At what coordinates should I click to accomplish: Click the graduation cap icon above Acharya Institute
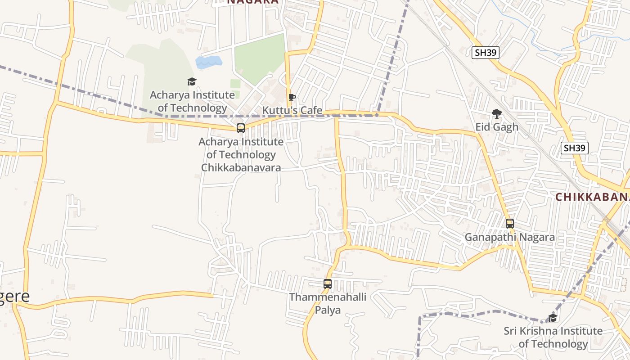[192, 81]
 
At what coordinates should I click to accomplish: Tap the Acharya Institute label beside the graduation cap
[192, 102]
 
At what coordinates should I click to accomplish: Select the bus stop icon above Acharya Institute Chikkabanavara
[241, 128]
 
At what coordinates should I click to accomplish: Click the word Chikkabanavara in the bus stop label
[241, 168]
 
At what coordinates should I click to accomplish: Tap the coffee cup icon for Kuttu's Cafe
[292, 97]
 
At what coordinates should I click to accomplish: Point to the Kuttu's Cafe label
[292, 110]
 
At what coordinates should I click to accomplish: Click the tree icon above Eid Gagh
[497, 114]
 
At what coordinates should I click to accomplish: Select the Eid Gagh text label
[497, 127]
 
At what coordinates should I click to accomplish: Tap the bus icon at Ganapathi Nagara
[509, 224]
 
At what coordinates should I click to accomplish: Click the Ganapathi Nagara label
[509, 237]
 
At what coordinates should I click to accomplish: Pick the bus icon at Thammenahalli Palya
[328, 284]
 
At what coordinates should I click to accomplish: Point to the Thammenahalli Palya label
[328, 304]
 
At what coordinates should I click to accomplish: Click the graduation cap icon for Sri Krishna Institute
[553, 318]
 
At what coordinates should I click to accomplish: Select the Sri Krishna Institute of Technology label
[553, 337]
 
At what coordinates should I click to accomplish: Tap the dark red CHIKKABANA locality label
[592, 197]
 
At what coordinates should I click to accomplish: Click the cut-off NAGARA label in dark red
[252, 2]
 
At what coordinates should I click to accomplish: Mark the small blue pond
[208, 62]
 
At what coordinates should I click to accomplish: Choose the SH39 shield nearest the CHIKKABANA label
[575, 148]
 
